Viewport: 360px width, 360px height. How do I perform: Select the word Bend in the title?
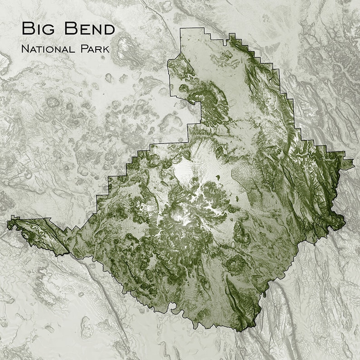tap(88, 29)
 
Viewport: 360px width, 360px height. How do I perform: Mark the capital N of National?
tap(24, 49)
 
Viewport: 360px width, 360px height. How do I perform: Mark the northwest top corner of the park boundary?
tap(180, 29)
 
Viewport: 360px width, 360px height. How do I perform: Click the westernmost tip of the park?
tap(8, 223)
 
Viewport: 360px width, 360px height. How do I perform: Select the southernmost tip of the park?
tap(245, 330)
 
